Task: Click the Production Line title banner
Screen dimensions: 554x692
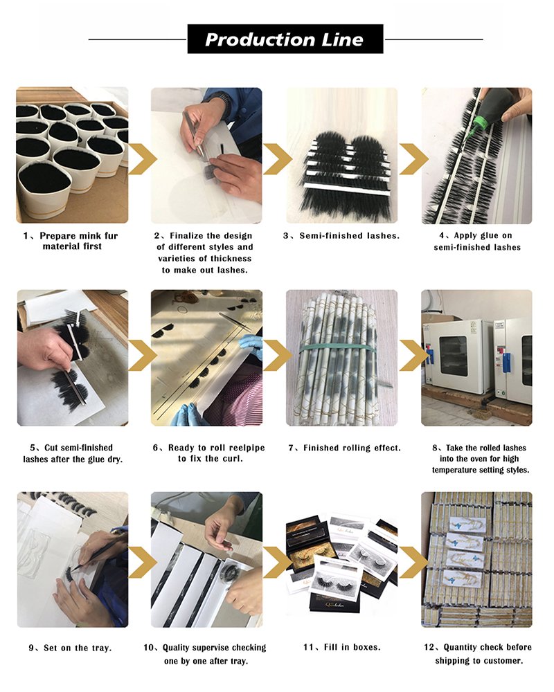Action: (285, 39)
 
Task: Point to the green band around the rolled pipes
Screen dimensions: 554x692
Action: (339, 348)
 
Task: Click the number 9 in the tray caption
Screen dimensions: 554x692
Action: (31, 648)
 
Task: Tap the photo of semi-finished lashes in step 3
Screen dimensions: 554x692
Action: (342, 155)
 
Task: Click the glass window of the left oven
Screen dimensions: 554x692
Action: (454, 356)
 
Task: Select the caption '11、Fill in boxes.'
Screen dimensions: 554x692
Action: (342, 648)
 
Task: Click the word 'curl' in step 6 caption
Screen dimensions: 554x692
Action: (231, 459)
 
